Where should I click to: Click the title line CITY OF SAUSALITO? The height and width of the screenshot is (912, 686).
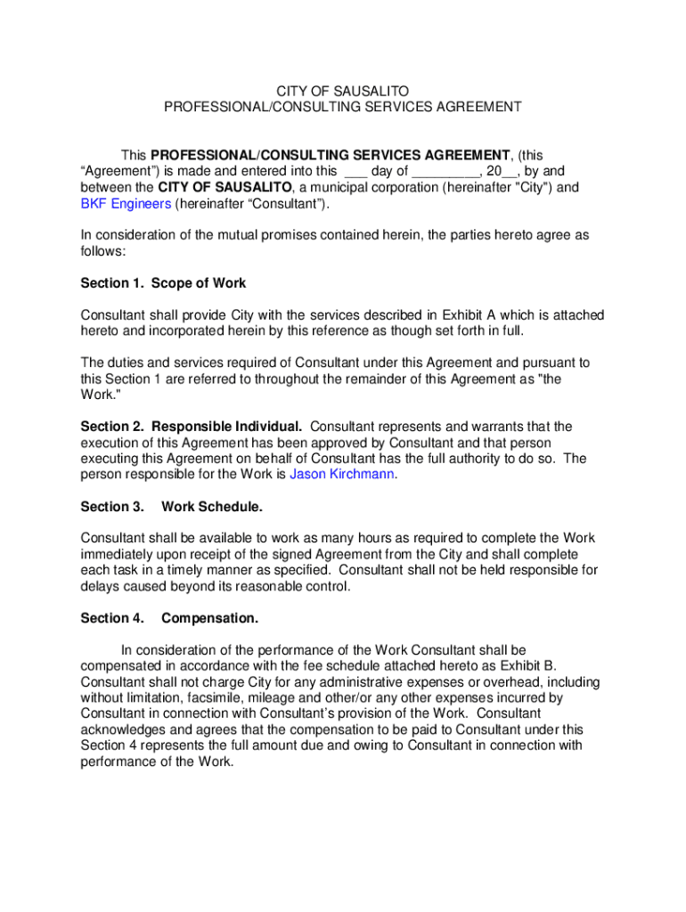[342, 91]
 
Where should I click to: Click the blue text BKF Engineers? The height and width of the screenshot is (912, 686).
[126, 204]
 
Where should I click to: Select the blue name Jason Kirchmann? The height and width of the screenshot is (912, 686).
[342, 475]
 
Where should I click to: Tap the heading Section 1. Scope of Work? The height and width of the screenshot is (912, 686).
[163, 283]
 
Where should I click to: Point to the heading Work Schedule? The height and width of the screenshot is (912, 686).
[212, 507]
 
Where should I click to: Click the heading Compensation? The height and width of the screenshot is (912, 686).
[210, 618]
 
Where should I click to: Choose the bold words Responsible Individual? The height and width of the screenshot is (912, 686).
[238, 427]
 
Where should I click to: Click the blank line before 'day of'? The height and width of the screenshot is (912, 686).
[355, 172]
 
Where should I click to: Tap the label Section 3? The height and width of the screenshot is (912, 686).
[112, 507]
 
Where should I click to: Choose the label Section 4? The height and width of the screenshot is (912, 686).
[112, 618]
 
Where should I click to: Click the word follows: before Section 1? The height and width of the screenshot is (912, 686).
[103, 251]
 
